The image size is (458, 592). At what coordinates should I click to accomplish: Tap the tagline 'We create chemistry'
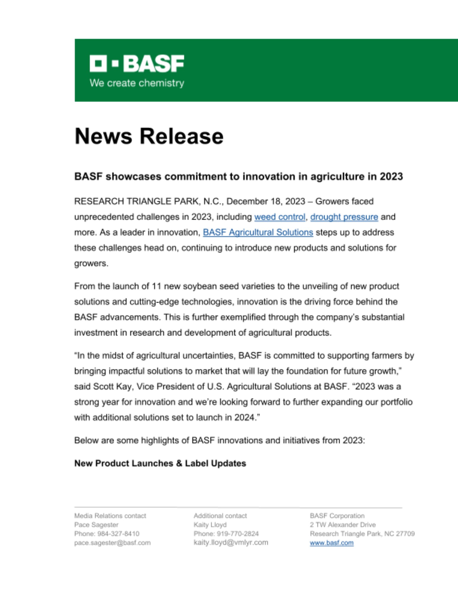coord(137,83)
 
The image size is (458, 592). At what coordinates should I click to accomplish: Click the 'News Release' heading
coord(149,136)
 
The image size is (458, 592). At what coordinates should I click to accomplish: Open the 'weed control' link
coord(280,217)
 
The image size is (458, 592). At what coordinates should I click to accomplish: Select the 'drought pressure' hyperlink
coord(344,217)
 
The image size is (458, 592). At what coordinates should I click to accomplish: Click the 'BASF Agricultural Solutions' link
coord(258,232)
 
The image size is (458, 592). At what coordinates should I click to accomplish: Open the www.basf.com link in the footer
coord(331,543)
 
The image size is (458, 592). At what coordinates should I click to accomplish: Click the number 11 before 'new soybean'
coord(157,286)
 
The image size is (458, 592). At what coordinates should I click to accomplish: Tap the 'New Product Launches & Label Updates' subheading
coord(160,463)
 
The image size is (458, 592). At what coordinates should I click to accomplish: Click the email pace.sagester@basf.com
coord(112,543)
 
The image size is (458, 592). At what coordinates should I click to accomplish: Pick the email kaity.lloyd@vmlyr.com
coord(231,543)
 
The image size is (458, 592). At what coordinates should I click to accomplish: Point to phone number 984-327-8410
coord(118,534)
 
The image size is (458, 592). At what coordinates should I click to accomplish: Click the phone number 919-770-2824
coord(238,534)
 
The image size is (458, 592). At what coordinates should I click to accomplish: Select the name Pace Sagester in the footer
coord(96,525)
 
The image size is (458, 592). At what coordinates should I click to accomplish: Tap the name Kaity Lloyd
coord(210,525)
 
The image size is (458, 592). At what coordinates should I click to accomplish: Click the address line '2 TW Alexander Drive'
coord(343,525)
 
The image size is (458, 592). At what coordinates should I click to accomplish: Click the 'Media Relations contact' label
coord(110,516)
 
